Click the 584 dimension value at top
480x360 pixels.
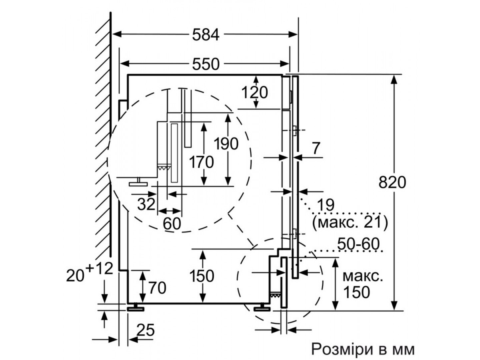(206, 35)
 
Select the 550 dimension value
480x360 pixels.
(206, 64)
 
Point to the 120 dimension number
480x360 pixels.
(255, 92)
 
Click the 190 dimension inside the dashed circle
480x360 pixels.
(226, 144)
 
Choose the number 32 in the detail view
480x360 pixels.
(146, 204)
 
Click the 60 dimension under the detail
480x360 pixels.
(172, 224)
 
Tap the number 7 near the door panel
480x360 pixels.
(316, 148)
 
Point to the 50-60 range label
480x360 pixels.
(358, 244)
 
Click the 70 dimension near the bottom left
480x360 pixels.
(157, 288)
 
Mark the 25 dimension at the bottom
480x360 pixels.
(146, 330)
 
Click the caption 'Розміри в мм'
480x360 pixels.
(363, 349)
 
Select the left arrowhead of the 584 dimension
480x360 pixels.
(117, 34)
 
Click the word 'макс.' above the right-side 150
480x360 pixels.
(363, 277)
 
